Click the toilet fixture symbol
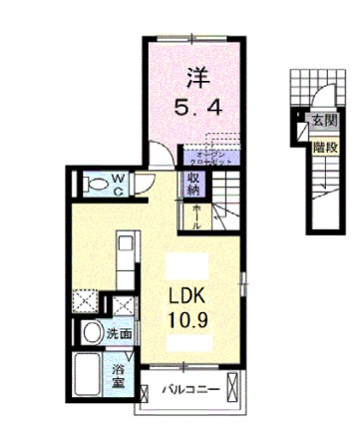click(96, 185)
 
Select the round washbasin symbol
click(92, 334)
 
